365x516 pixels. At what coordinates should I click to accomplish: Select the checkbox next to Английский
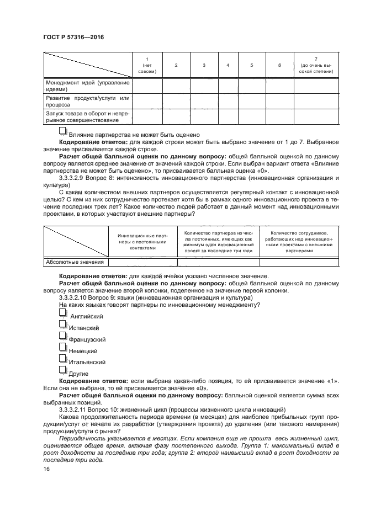point(62,313)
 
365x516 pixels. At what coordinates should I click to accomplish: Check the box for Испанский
point(62,325)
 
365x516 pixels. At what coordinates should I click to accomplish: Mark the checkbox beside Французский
point(62,337)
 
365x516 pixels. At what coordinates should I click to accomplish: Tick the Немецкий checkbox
point(62,348)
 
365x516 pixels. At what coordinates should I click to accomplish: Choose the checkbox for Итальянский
point(62,360)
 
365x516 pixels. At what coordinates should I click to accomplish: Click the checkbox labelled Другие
point(62,371)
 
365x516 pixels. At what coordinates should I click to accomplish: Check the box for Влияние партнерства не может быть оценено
point(62,132)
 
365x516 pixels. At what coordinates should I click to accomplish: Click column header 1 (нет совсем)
point(147,65)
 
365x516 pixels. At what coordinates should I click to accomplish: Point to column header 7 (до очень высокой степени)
point(315,65)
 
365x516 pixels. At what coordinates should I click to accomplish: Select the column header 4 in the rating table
point(228,66)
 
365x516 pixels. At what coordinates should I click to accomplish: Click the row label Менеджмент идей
point(87,86)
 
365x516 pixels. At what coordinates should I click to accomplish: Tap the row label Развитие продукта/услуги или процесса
point(87,100)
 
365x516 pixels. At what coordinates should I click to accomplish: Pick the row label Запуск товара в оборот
point(87,116)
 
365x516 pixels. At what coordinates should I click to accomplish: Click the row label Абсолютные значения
point(75,262)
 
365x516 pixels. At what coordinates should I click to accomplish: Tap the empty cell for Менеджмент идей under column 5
point(251,86)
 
